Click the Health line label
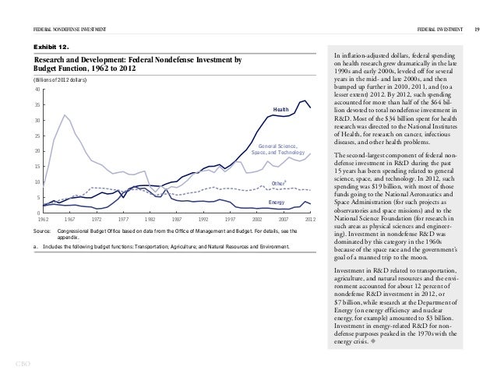click(x=280, y=109)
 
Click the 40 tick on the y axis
click(x=37, y=89)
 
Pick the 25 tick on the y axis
click(x=37, y=136)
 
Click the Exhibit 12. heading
click(x=48, y=46)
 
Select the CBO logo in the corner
click(x=16, y=363)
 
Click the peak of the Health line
click(x=305, y=100)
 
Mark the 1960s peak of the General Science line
click(x=65, y=115)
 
